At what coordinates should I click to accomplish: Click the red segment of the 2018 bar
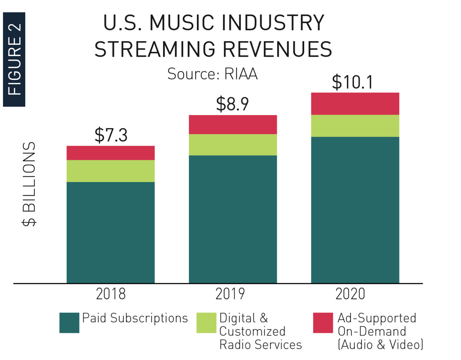[x=111, y=153]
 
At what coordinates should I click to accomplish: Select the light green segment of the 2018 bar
[x=111, y=171]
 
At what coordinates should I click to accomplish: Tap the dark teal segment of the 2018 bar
[x=111, y=232]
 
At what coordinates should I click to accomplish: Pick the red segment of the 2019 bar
[x=233, y=124]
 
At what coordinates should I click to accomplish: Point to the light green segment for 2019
[x=233, y=145]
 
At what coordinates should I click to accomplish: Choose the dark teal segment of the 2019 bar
[x=233, y=219]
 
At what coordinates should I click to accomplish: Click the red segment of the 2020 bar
[x=355, y=104]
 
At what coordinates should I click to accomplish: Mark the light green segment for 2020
[x=355, y=126]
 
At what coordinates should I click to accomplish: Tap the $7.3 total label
[x=111, y=135]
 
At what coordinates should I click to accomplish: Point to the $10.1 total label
[x=352, y=82]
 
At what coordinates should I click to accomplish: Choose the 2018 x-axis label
[x=111, y=294]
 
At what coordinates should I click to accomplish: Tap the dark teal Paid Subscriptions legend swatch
[x=69, y=323]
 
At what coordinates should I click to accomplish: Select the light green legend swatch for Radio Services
[x=206, y=323]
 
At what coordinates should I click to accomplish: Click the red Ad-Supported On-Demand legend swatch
[x=323, y=323]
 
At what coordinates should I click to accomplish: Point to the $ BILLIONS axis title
[x=29, y=184]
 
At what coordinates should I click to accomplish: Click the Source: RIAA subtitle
[x=212, y=74]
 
